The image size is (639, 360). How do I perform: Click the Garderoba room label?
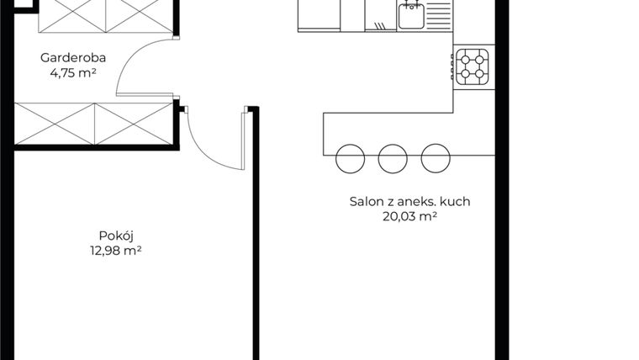coord(73,57)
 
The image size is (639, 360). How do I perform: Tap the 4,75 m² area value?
coord(73,73)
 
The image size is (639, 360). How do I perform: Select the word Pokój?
coord(116,236)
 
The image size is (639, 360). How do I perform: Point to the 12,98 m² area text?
coord(116,251)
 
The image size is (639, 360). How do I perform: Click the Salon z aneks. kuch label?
coord(409,201)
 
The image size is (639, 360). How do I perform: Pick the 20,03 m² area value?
coord(409,216)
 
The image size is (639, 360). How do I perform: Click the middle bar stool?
coord(393,159)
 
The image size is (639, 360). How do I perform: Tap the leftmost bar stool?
coord(350,159)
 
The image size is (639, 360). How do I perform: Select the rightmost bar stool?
coord(436,158)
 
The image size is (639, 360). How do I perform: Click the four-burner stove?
coord(472,66)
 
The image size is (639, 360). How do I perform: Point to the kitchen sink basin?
coord(411,16)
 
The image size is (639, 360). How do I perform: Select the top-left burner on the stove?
coord(465,60)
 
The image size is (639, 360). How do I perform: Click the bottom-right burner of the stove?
coord(479,74)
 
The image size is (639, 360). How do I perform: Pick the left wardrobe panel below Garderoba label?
coord(55,124)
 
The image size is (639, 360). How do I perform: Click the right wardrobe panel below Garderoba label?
coord(134,124)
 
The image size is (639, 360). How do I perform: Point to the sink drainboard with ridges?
coord(438,16)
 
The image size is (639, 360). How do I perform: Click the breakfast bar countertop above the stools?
coord(409,134)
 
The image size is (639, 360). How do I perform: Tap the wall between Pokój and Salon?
coord(256,233)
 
